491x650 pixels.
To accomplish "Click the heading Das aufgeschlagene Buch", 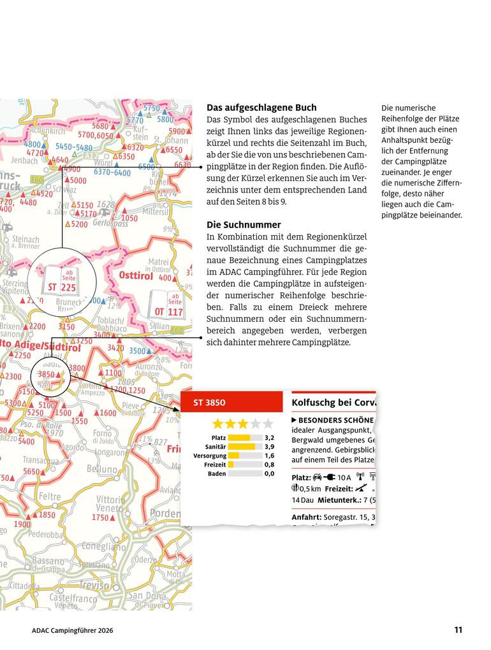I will (x=261, y=108).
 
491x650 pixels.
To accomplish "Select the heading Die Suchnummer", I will (x=244, y=225).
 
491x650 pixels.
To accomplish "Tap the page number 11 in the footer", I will (x=458, y=630).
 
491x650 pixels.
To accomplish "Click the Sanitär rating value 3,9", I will (x=269, y=447).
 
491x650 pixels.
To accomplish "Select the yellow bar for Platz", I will (x=239, y=438).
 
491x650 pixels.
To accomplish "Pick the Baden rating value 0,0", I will (x=269, y=473).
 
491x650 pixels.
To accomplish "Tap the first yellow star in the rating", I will (x=218, y=424).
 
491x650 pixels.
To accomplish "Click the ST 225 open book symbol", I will (x=62, y=281).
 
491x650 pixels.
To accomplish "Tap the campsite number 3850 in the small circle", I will (x=47, y=374).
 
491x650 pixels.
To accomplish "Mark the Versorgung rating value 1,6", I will (x=269, y=456).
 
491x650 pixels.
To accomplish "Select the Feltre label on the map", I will (x=50, y=496).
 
